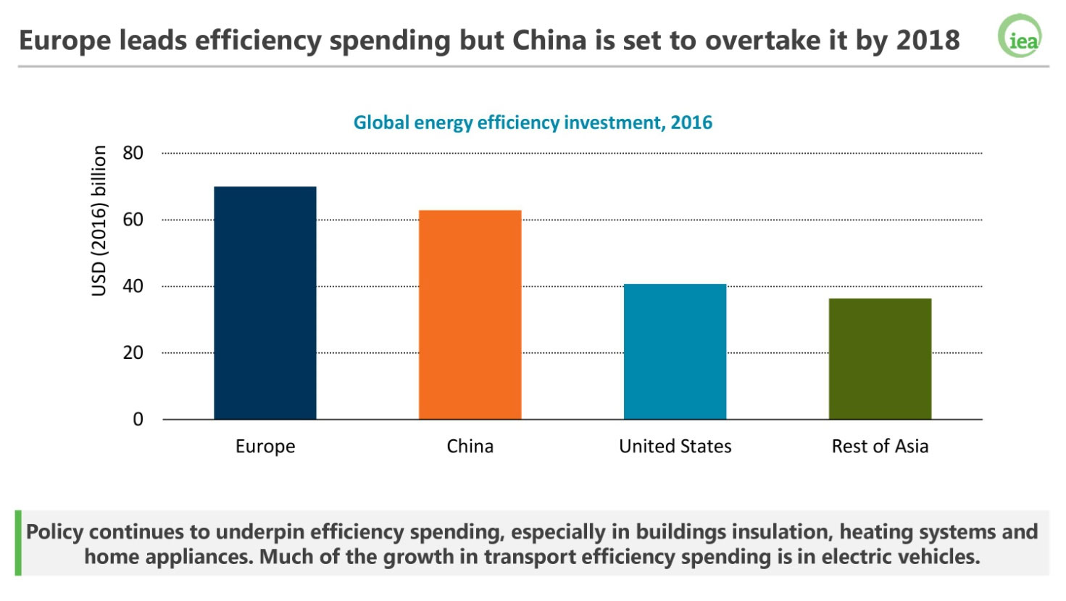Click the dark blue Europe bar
pyautogui.click(x=265, y=303)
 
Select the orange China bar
pyautogui.click(x=470, y=315)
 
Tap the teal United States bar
pyautogui.click(x=675, y=352)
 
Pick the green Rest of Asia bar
pyautogui.click(x=880, y=359)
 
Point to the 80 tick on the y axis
pyautogui.click(x=133, y=153)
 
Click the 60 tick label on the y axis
pyautogui.click(x=133, y=220)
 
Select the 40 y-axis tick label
pyautogui.click(x=133, y=286)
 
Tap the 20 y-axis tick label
pyautogui.click(x=133, y=353)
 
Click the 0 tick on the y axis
pyautogui.click(x=138, y=419)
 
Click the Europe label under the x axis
pyautogui.click(x=265, y=447)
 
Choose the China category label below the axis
pyautogui.click(x=470, y=447)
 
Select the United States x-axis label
pyautogui.click(x=675, y=447)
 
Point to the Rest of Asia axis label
pyautogui.click(x=880, y=447)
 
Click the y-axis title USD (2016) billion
pyautogui.click(x=99, y=220)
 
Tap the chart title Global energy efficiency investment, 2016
pyautogui.click(x=533, y=123)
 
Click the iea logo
pyautogui.click(x=1020, y=36)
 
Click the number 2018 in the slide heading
pyautogui.click(x=928, y=40)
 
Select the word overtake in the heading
pyautogui.click(x=763, y=40)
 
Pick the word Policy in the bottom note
pyautogui.click(x=55, y=532)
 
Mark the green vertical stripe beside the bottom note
pyautogui.click(x=18, y=543)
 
